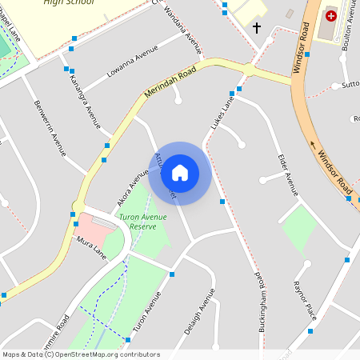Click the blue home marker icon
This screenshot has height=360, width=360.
180,173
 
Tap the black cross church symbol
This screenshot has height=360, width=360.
257,28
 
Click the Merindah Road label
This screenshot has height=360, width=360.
170,84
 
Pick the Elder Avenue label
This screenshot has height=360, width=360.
287,174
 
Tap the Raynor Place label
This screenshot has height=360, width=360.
305,300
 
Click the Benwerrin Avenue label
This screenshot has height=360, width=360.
50,127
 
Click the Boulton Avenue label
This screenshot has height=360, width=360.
350,32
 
